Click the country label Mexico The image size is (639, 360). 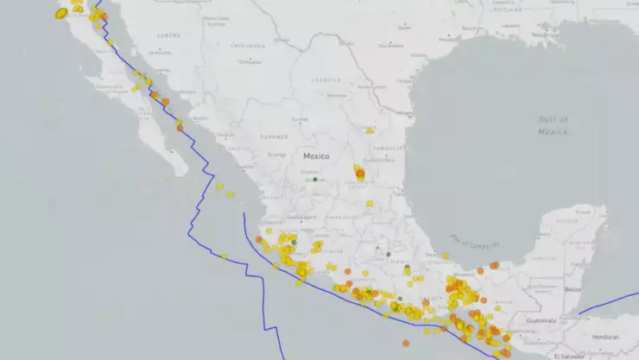(x=317, y=156)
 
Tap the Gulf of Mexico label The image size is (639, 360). (x=553, y=125)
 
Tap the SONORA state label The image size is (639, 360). (x=168, y=35)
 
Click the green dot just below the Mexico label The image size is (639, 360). (x=315, y=180)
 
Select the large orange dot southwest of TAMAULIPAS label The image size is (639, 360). (x=360, y=174)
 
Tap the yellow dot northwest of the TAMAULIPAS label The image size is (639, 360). (x=370, y=130)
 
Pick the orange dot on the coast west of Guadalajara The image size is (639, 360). (x=258, y=240)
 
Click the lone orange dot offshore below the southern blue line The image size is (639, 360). (x=406, y=343)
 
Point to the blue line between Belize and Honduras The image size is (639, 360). (x=604, y=303)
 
